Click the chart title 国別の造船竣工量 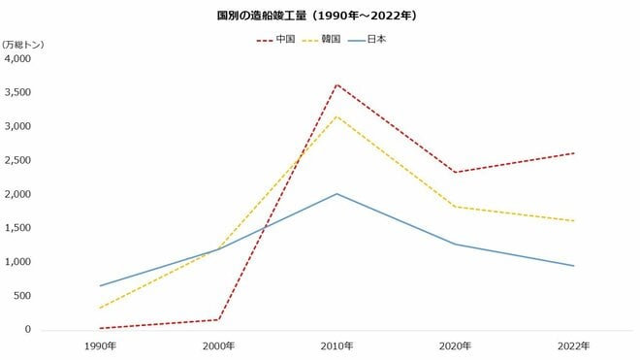(319, 16)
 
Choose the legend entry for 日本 (377, 40)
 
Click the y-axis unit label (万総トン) (23, 45)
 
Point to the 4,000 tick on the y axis (18, 59)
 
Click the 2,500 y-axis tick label (18, 160)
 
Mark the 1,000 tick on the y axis (18, 262)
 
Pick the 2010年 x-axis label (336, 346)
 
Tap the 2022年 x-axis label (574, 346)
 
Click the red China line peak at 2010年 (336, 84)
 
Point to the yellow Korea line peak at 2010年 (336, 116)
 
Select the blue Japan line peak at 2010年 (336, 194)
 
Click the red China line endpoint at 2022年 (574, 153)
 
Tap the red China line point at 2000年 (217, 319)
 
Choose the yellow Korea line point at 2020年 (455, 207)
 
